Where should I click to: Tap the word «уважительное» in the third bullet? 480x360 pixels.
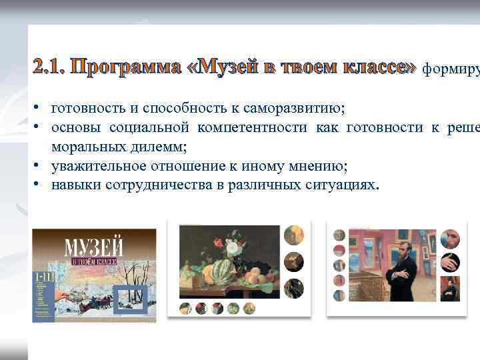click(x=93, y=165)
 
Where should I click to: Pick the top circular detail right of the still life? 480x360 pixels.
click(x=293, y=235)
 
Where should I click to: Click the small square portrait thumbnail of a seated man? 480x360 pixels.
click(x=450, y=288)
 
